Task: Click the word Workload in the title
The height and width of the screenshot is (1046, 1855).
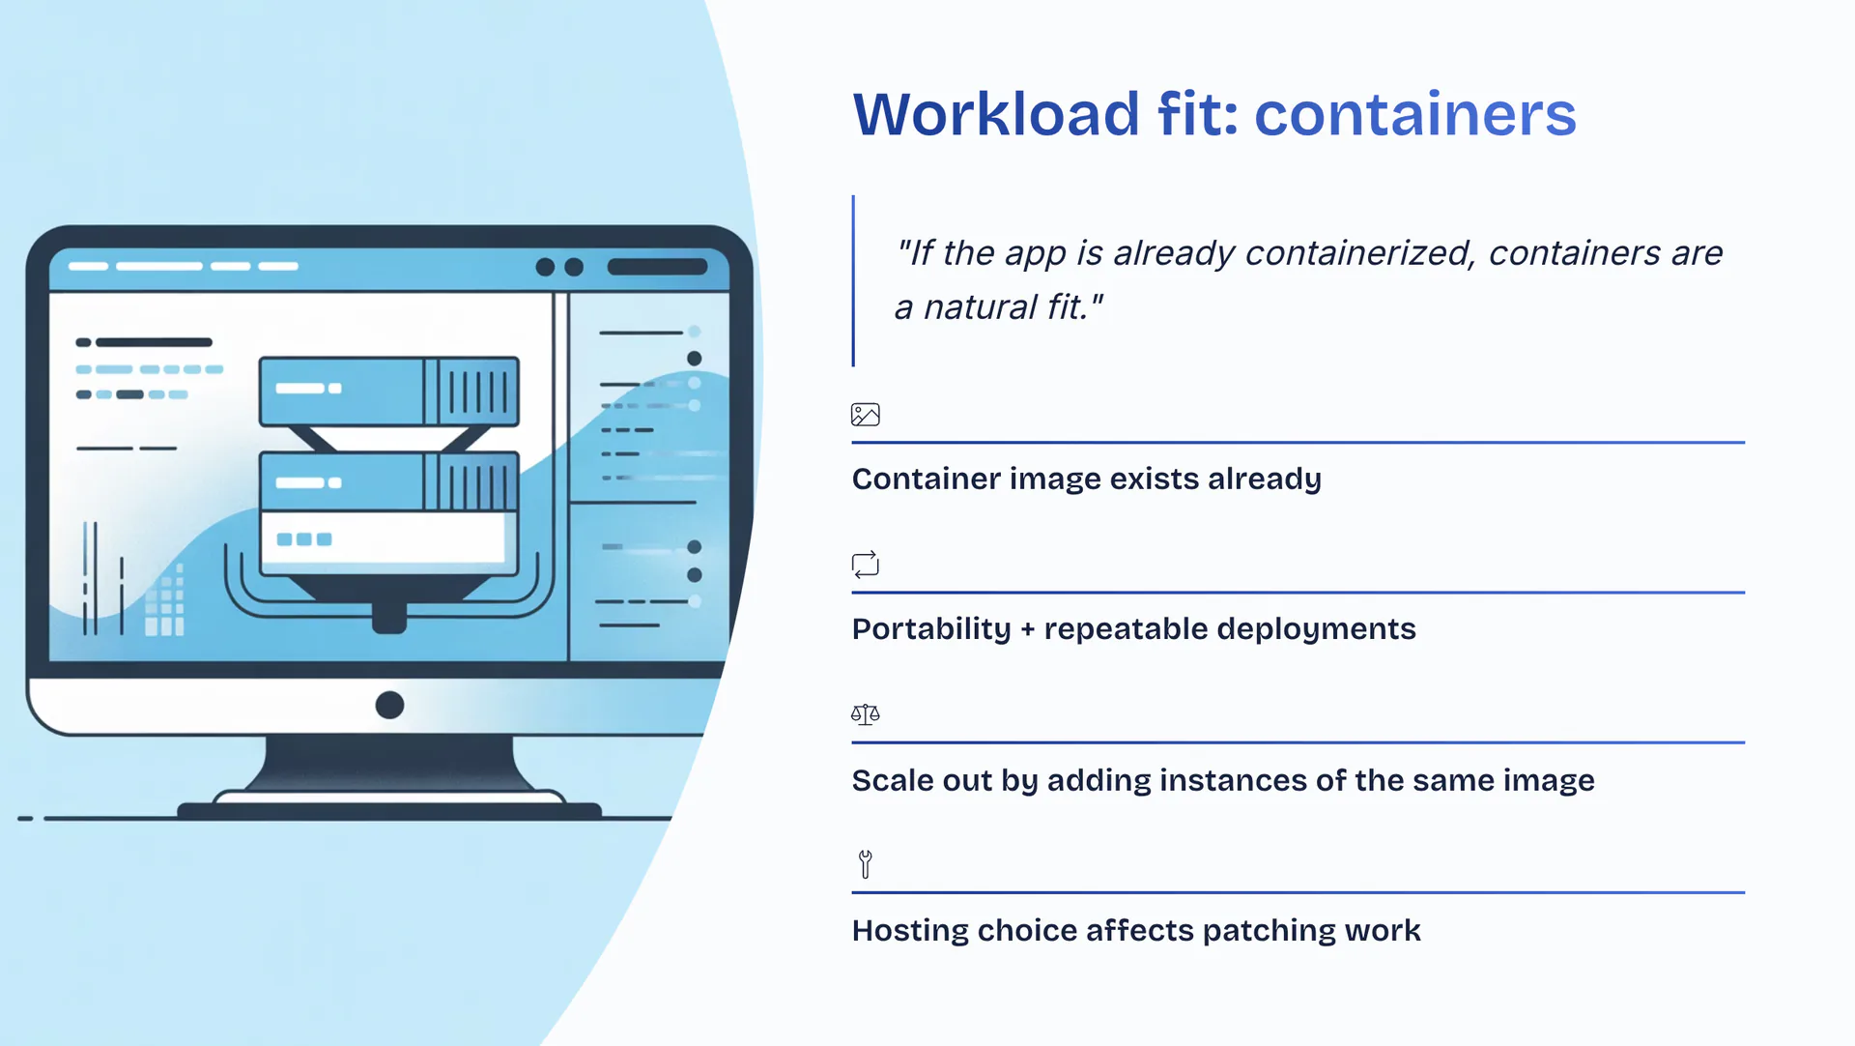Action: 996,114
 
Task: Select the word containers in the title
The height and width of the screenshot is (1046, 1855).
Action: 1414,114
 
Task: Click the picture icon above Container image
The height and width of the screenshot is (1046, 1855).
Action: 865,415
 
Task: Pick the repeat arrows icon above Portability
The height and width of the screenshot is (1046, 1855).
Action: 865,564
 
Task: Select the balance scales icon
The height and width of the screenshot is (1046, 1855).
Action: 865,714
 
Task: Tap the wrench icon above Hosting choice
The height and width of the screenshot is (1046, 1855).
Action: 866,863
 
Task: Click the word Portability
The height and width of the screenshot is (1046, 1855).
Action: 930,629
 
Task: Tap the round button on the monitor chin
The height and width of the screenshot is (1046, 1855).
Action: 389,705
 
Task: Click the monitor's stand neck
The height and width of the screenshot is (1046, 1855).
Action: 388,764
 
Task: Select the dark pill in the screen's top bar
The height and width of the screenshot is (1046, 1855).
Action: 657,267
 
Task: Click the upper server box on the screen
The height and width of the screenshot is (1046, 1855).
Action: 388,391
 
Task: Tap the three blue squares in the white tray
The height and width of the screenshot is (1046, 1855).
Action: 304,539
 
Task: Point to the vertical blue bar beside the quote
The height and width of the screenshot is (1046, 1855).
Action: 853,280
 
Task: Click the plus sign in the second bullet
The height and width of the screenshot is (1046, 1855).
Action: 1027,629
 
